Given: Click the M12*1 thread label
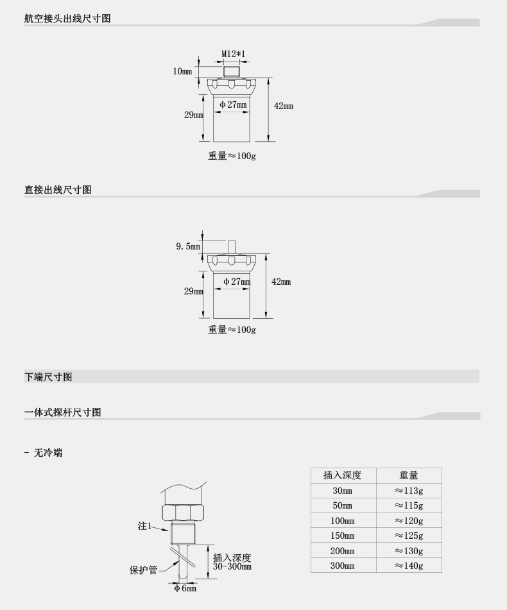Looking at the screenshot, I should (x=234, y=55).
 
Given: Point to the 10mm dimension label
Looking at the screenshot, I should (x=182, y=71).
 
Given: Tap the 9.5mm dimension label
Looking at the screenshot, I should (x=188, y=246).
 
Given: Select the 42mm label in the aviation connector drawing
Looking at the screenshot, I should (x=283, y=106).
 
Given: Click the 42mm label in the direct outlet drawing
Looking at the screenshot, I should (x=281, y=282).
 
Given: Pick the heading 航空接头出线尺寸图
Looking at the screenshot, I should (x=67, y=19).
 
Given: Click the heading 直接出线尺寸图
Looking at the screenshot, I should (x=58, y=190).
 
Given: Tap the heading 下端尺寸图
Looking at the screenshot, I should (x=48, y=377).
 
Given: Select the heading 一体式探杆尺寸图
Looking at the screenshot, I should (x=63, y=412).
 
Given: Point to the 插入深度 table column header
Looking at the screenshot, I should (x=342, y=475).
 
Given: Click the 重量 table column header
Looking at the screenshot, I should (x=409, y=475).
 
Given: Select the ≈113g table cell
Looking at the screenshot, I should (x=409, y=491).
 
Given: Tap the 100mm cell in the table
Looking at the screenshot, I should (x=342, y=521).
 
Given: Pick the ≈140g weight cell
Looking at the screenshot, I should (x=409, y=566).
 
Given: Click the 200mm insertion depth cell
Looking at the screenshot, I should (x=342, y=551).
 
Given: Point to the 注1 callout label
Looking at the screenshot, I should (x=144, y=526).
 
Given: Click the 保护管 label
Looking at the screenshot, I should (x=143, y=570).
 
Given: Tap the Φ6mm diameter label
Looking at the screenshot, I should (x=185, y=589).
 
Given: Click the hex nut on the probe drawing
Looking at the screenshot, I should (x=183, y=512).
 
